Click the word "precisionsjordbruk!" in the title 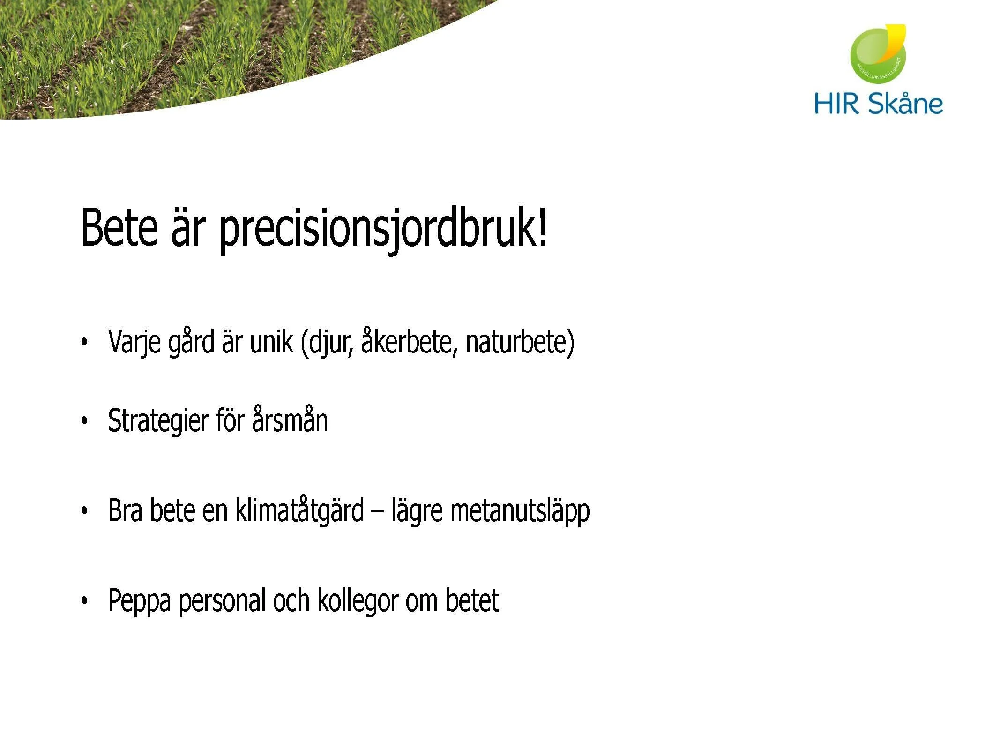click(x=382, y=228)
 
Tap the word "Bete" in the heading click(x=119, y=227)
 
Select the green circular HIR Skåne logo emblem click(x=877, y=55)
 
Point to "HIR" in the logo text click(x=837, y=104)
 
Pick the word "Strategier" click(x=158, y=420)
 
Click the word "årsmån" click(x=290, y=419)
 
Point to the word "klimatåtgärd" click(x=299, y=510)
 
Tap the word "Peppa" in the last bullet click(x=139, y=601)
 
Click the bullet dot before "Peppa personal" click(x=84, y=600)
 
